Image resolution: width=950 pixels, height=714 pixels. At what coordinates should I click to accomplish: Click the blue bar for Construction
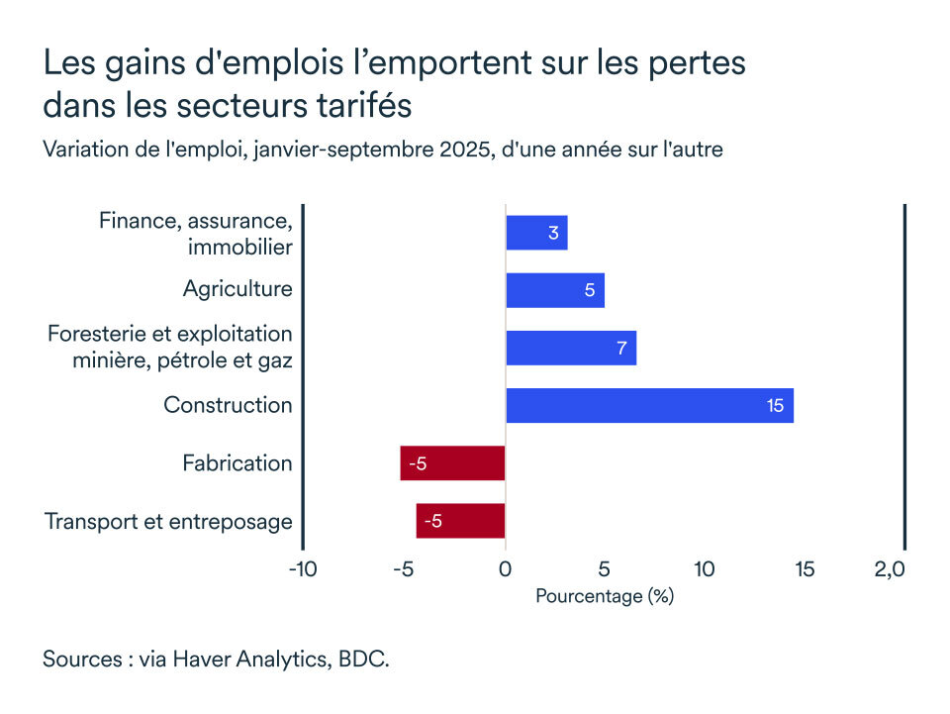(x=649, y=406)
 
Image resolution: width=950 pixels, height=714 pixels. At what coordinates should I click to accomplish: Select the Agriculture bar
(x=554, y=290)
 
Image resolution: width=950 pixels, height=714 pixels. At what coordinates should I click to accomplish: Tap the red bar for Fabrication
(x=452, y=463)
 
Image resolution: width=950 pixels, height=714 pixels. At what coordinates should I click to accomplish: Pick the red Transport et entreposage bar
(x=460, y=521)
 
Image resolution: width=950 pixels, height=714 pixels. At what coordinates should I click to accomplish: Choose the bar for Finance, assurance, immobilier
(x=536, y=233)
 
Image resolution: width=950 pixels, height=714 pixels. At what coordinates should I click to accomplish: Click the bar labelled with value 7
(x=570, y=349)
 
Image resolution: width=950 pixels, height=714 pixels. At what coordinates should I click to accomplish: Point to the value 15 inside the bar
(x=775, y=406)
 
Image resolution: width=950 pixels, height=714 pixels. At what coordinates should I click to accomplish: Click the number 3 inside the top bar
(x=553, y=234)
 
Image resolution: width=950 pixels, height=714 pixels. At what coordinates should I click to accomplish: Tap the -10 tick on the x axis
(x=302, y=569)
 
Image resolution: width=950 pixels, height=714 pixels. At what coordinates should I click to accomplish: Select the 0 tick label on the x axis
(x=505, y=569)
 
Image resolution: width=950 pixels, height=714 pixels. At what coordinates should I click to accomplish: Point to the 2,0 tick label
(x=890, y=569)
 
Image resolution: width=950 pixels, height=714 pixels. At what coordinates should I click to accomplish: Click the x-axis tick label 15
(x=805, y=569)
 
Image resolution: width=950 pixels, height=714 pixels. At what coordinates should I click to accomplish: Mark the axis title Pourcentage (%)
(x=604, y=597)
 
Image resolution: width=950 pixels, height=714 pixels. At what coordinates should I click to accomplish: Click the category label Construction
(x=228, y=405)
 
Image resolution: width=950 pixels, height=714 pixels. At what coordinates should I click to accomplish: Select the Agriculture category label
(x=237, y=289)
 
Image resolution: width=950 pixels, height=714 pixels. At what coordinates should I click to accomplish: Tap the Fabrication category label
(x=237, y=463)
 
